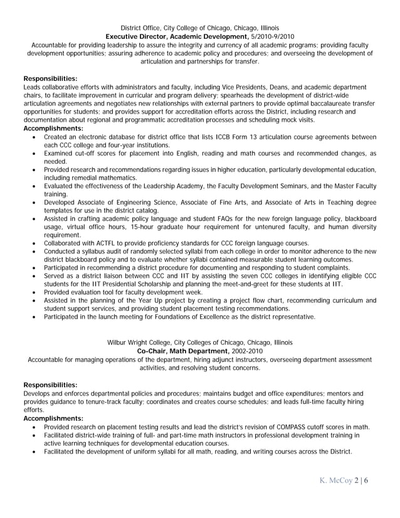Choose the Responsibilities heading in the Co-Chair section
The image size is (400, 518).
(50, 384)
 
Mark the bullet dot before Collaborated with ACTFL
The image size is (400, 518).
(33, 243)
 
